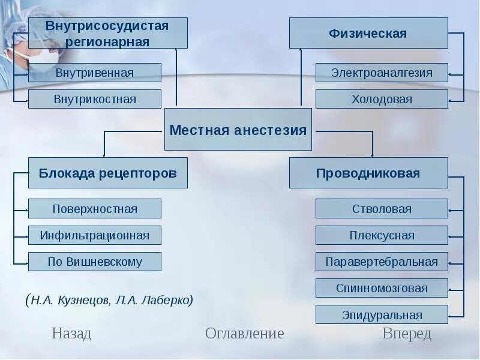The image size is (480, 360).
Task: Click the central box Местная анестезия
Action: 238,130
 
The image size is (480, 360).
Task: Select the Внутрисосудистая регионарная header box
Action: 108,33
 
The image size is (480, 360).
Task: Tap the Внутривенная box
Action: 95,73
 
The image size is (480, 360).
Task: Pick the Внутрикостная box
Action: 95,99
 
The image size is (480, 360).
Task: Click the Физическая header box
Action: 368,33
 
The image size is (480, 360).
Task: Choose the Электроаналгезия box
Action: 382,73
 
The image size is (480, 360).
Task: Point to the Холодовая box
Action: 382,99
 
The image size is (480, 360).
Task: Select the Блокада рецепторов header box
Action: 108,173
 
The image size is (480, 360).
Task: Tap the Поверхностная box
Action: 95,209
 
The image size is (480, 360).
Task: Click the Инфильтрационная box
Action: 95,235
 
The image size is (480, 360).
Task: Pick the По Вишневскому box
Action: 95,262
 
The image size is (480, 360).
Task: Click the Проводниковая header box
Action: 368,173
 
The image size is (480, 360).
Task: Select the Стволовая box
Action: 382,209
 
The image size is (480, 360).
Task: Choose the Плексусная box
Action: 382,235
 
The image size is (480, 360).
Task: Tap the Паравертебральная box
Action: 382,262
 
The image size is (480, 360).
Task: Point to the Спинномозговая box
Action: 382,288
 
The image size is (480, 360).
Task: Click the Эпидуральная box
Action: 382,314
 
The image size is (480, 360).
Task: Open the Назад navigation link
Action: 71,334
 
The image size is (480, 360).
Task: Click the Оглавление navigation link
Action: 244,334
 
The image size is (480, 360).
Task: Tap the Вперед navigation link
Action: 407,334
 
